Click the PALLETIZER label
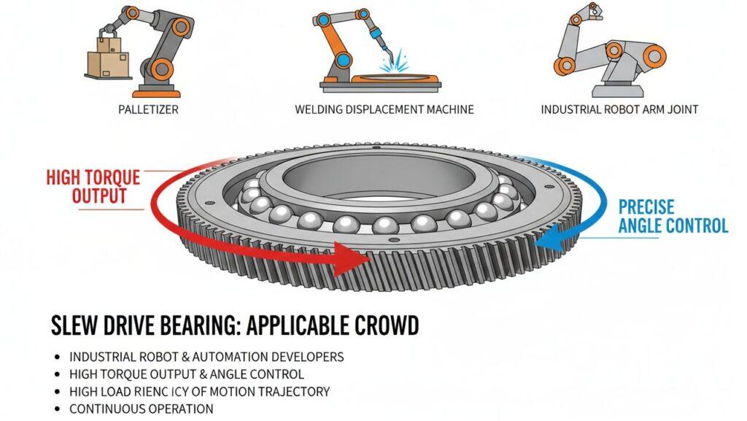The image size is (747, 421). tap(148, 109)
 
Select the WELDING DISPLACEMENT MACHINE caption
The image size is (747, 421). tap(384, 109)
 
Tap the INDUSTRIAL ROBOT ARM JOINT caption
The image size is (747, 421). tap(619, 109)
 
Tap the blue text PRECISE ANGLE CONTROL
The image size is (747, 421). tap(673, 216)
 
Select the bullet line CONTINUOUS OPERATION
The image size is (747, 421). tap(141, 409)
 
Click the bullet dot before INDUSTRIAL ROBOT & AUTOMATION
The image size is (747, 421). tap(57, 358)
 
